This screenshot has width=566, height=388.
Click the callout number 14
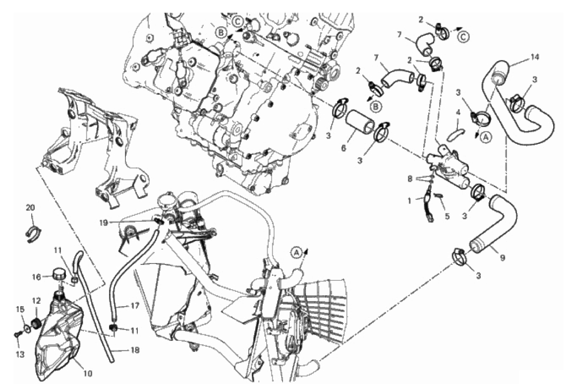[x=535, y=57]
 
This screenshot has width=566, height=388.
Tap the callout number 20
[x=30, y=207]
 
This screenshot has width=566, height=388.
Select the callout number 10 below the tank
[x=88, y=373]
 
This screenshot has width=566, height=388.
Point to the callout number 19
[x=104, y=223]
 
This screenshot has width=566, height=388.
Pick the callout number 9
[x=503, y=258]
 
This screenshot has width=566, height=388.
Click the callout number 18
[x=135, y=350]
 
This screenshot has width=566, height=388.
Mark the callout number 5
[x=447, y=217]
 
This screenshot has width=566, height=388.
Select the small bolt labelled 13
[x=17, y=335]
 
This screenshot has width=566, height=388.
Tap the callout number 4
[x=458, y=113]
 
